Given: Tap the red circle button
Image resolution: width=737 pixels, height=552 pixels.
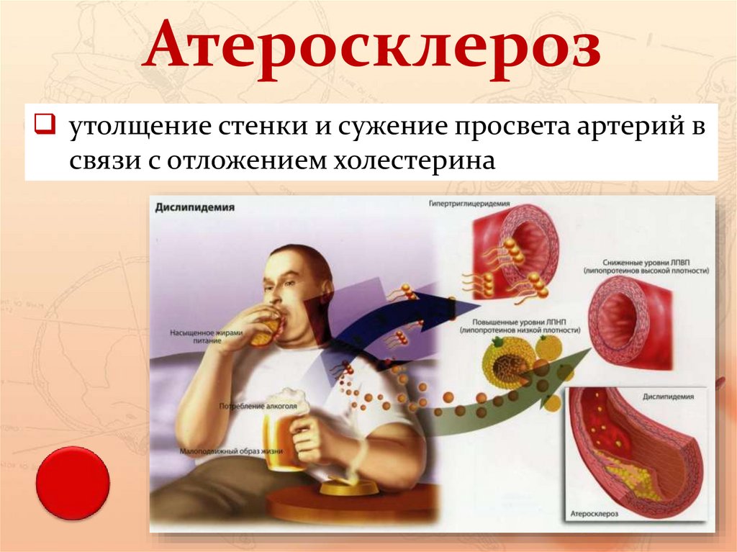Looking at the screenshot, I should (73, 483).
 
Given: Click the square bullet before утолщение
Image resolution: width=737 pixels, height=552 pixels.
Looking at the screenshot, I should (41, 127).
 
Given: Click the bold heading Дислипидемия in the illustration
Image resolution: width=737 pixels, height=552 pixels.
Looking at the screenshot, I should (195, 207).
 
